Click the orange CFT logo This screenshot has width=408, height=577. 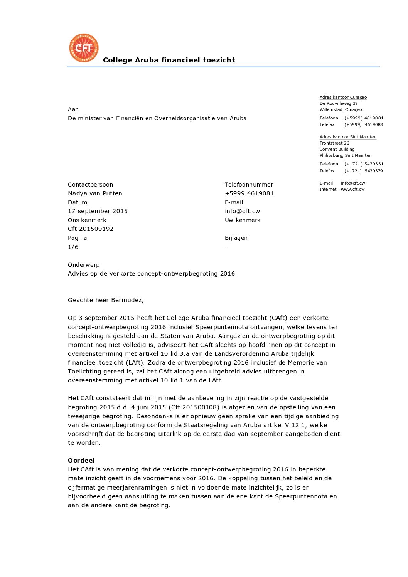tap(84, 48)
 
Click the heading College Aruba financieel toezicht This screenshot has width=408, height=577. tap(169, 60)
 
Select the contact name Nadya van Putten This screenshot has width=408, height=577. tap(95, 193)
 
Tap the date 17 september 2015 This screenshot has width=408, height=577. tap(98, 211)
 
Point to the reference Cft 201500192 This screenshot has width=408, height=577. tap(91, 229)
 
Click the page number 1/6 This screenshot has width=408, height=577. tap(73, 247)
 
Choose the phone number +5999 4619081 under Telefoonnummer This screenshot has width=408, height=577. tap(249, 193)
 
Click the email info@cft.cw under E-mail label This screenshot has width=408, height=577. tap(242, 211)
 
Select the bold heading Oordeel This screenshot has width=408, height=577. tap(81, 461)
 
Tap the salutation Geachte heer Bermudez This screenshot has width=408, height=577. tap(105, 300)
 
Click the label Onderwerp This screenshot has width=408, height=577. tap(83, 265)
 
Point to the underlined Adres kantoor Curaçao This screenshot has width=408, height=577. tap(343, 98)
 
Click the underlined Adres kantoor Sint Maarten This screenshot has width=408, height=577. tap(348, 137)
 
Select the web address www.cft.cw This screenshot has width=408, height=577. tap(352, 190)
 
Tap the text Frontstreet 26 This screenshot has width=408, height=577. tap(334, 143)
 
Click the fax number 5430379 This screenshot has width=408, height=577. tap(373, 171)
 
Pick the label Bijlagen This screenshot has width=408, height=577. tap(236, 238)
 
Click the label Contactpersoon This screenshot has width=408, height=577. tap(90, 185)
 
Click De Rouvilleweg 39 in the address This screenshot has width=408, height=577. tap(338, 104)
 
